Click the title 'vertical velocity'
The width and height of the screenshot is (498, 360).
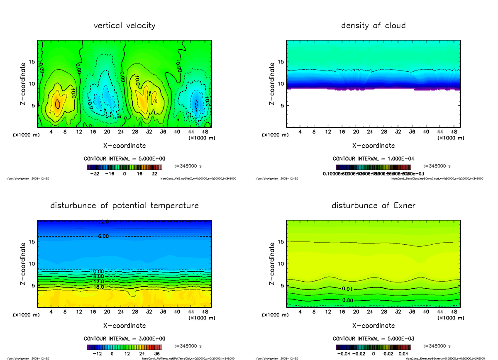click(124, 26)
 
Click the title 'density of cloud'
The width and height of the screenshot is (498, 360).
click(373, 26)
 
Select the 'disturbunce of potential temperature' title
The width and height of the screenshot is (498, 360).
click(124, 206)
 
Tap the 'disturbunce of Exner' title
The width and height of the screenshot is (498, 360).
click(373, 206)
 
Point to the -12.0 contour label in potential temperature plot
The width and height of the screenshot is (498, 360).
click(101, 222)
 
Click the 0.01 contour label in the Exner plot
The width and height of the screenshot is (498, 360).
click(348, 289)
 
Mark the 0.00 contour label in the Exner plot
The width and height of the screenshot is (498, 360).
click(348, 300)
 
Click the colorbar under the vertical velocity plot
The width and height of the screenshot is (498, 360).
click(124, 167)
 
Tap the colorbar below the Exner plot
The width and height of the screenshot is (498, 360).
click(373, 347)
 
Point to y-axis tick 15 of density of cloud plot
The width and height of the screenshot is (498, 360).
click(280, 62)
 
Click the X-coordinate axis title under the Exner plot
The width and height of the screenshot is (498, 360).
click(373, 326)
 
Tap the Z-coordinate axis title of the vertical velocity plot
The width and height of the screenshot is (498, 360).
click(24, 83)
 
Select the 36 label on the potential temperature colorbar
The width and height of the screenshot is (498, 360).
click(157, 354)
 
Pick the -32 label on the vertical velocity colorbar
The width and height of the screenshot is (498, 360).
click(97, 174)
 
